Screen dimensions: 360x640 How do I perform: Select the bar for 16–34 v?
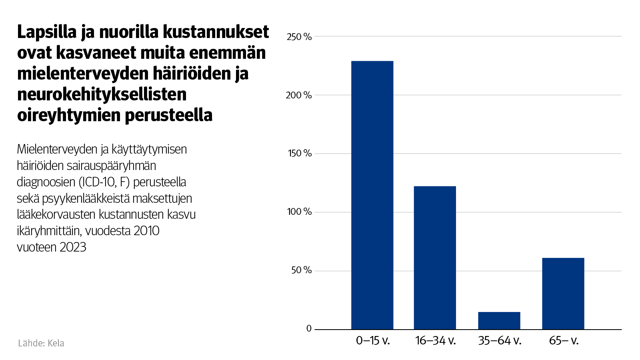click(435, 258)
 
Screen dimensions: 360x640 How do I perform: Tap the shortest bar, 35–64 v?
click(499, 320)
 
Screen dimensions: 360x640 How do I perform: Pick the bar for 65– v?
click(563, 294)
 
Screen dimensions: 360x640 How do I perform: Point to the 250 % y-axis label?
click(299, 37)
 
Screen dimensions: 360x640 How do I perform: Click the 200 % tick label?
click(299, 95)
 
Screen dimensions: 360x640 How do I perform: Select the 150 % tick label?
click(300, 154)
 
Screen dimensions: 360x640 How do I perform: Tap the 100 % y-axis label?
click(299, 212)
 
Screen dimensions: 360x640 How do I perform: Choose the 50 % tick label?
click(301, 270)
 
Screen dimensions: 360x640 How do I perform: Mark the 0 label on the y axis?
click(309, 329)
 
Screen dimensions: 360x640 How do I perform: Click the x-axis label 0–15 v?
click(373, 341)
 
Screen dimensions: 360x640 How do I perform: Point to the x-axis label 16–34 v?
click(436, 341)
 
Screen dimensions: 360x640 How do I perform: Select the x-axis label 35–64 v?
click(500, 341)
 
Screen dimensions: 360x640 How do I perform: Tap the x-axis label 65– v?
click(564, 341)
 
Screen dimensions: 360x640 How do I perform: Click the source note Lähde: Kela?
click(41, 343)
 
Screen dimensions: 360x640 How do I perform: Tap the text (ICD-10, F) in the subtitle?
click(104, 182)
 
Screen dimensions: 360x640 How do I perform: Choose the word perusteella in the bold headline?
click(168, 116)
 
